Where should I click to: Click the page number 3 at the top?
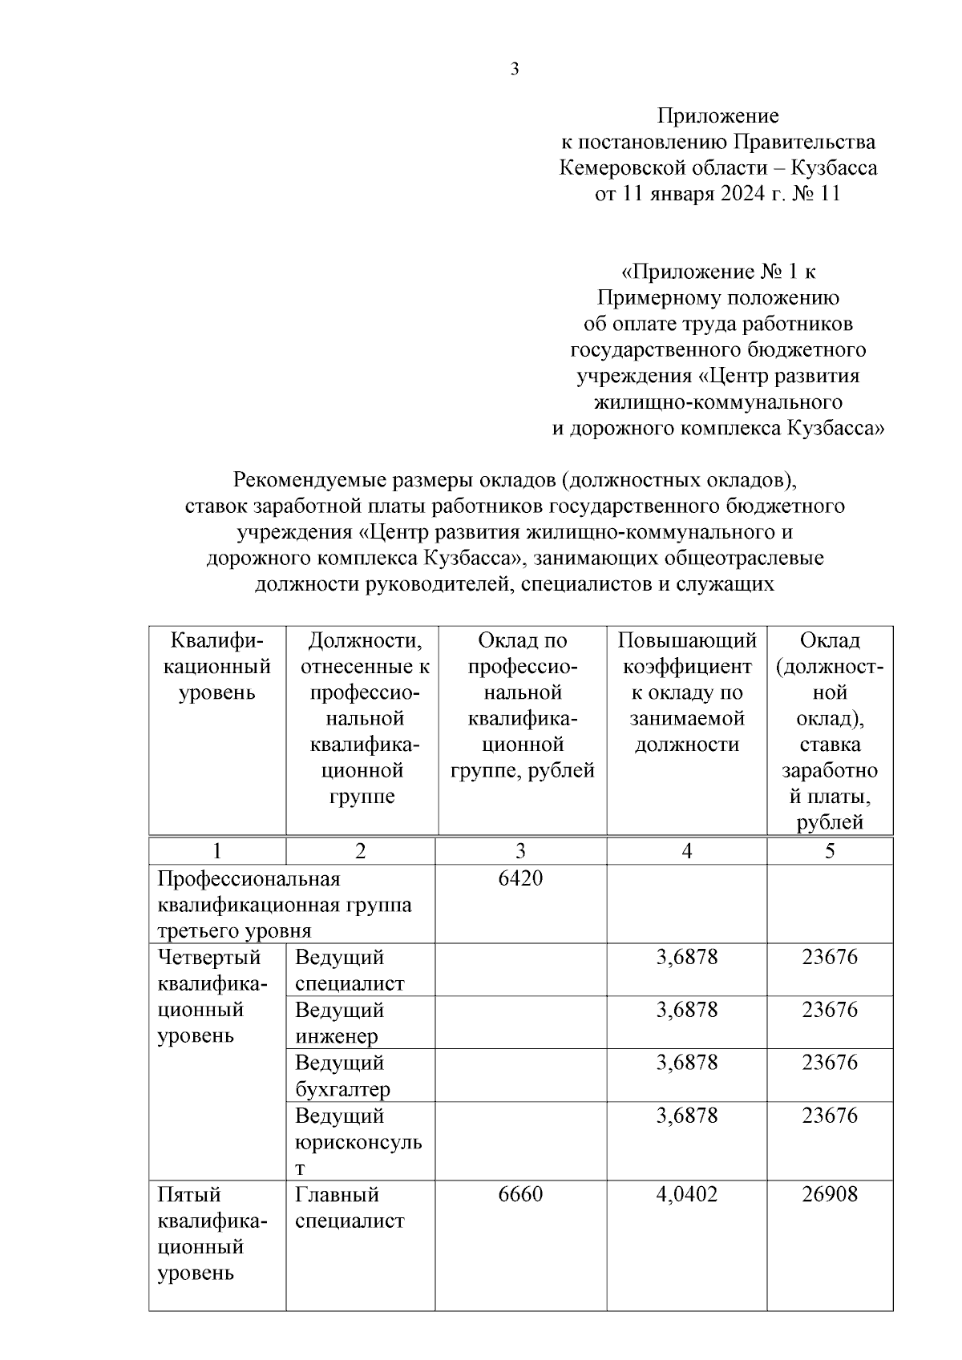515,69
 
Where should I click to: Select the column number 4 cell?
686,851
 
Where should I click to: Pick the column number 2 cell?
360,851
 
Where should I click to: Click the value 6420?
520,878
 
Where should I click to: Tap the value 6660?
520,1194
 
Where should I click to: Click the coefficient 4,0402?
686,1194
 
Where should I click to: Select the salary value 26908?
830,1194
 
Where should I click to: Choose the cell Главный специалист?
350,1208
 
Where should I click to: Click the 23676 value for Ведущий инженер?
830,1010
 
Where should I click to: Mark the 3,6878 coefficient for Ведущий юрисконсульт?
686,1116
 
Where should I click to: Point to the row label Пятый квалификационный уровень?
212,1233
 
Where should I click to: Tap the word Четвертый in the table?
209,958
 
